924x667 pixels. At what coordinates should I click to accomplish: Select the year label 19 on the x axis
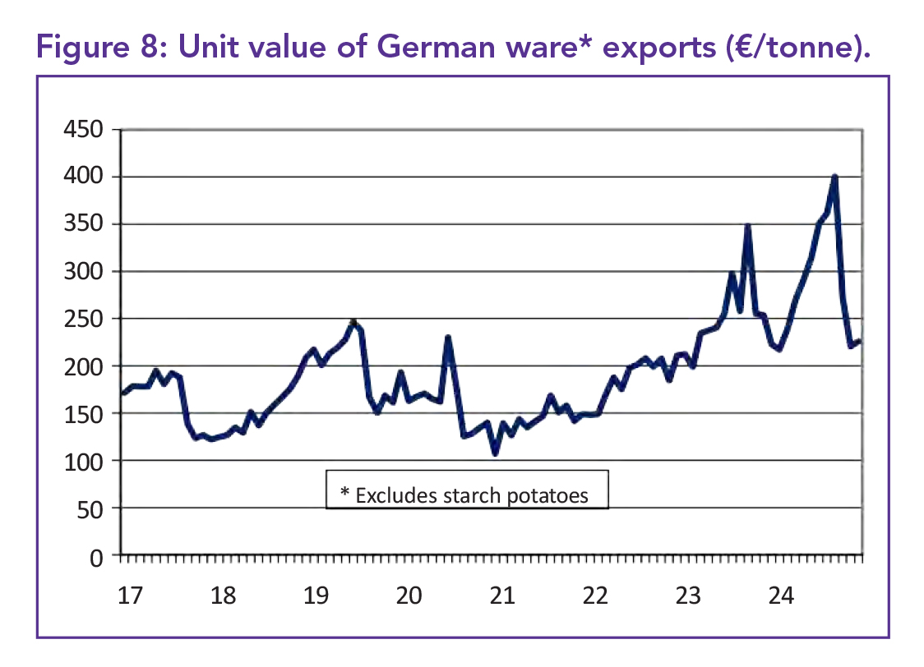316,596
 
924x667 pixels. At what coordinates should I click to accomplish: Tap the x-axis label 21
502,596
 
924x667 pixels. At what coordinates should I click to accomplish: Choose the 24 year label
781,596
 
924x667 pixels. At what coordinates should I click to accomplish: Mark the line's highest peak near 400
834,177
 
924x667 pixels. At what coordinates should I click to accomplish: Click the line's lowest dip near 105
495,453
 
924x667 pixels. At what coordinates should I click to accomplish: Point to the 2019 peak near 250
353,321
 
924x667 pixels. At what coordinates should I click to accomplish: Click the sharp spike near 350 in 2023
747,225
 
